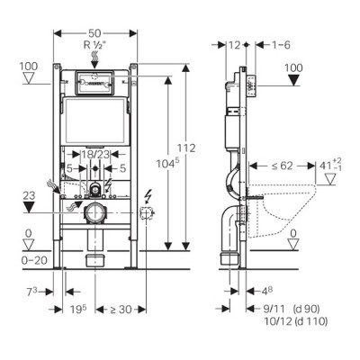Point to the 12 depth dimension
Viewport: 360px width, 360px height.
point(236,44)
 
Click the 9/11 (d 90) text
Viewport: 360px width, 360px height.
point(286,306)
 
